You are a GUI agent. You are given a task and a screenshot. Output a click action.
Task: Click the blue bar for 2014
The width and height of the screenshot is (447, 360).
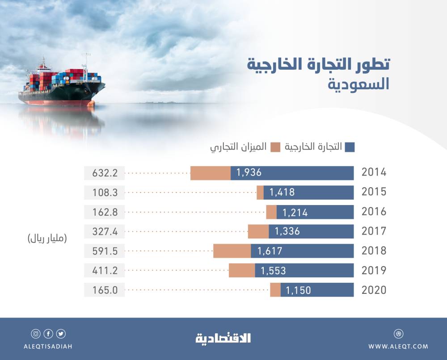click(x=292, y=173)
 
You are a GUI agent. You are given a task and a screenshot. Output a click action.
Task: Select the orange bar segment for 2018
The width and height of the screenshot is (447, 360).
click(x=232, y=251)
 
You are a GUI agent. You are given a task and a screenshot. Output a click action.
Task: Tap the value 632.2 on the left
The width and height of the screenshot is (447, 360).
click(x=105, y=173)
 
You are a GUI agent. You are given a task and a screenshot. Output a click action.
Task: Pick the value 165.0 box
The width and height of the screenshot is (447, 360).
click(x=105, y=290)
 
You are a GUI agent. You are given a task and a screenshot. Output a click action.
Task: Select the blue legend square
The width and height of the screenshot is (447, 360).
click(x=350, y=147)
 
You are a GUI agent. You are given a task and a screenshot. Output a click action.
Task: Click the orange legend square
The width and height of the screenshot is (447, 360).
click(x=275, y=147)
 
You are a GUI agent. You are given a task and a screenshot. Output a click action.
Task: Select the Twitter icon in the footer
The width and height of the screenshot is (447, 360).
click(x=61, y=333)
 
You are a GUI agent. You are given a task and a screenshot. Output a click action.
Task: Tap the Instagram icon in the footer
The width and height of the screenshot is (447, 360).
click(x=35, y=333)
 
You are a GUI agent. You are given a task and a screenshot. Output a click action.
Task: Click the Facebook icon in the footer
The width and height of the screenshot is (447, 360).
click(x=48, y=333)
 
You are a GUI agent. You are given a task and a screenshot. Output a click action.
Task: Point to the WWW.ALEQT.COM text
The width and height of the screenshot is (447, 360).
click(x=398, y=346)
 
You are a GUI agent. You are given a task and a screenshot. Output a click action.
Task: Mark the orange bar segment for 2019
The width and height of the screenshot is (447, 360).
click(x=242, y=271)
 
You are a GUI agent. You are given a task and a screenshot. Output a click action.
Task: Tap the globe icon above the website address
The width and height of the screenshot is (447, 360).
click(x=398, y=333)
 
